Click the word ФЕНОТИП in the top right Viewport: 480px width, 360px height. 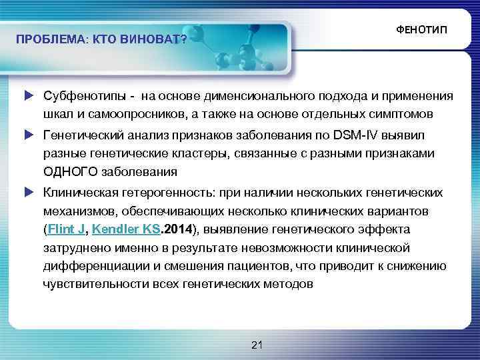[x=422, y=31]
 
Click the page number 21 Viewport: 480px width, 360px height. [x=258, y=344]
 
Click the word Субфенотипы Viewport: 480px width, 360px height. [x=78, y=95]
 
